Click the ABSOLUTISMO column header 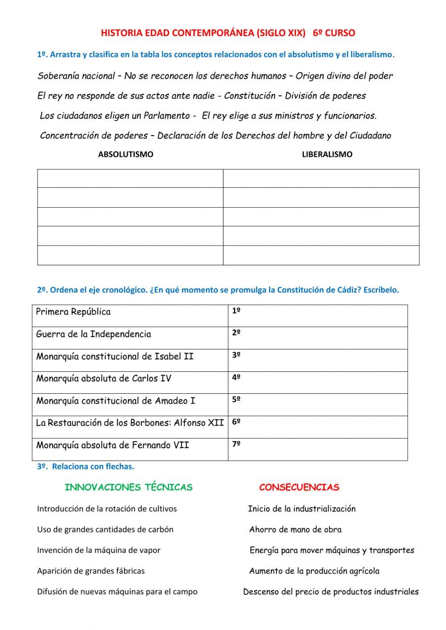125,154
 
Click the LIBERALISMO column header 327,154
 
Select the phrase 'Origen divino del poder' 344,76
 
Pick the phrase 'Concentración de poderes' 94,136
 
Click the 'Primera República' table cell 74,312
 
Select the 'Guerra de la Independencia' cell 94,334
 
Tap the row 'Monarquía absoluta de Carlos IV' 104,379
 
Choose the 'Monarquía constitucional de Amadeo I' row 116,401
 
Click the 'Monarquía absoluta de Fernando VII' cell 112,445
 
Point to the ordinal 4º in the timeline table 236,377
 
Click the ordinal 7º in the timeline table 236,444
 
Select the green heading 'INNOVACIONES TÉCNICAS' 128,487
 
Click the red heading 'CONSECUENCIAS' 299,487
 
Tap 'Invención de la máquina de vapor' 99,550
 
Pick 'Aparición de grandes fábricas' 91,571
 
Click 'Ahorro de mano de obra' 295,530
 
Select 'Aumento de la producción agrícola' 314,571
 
